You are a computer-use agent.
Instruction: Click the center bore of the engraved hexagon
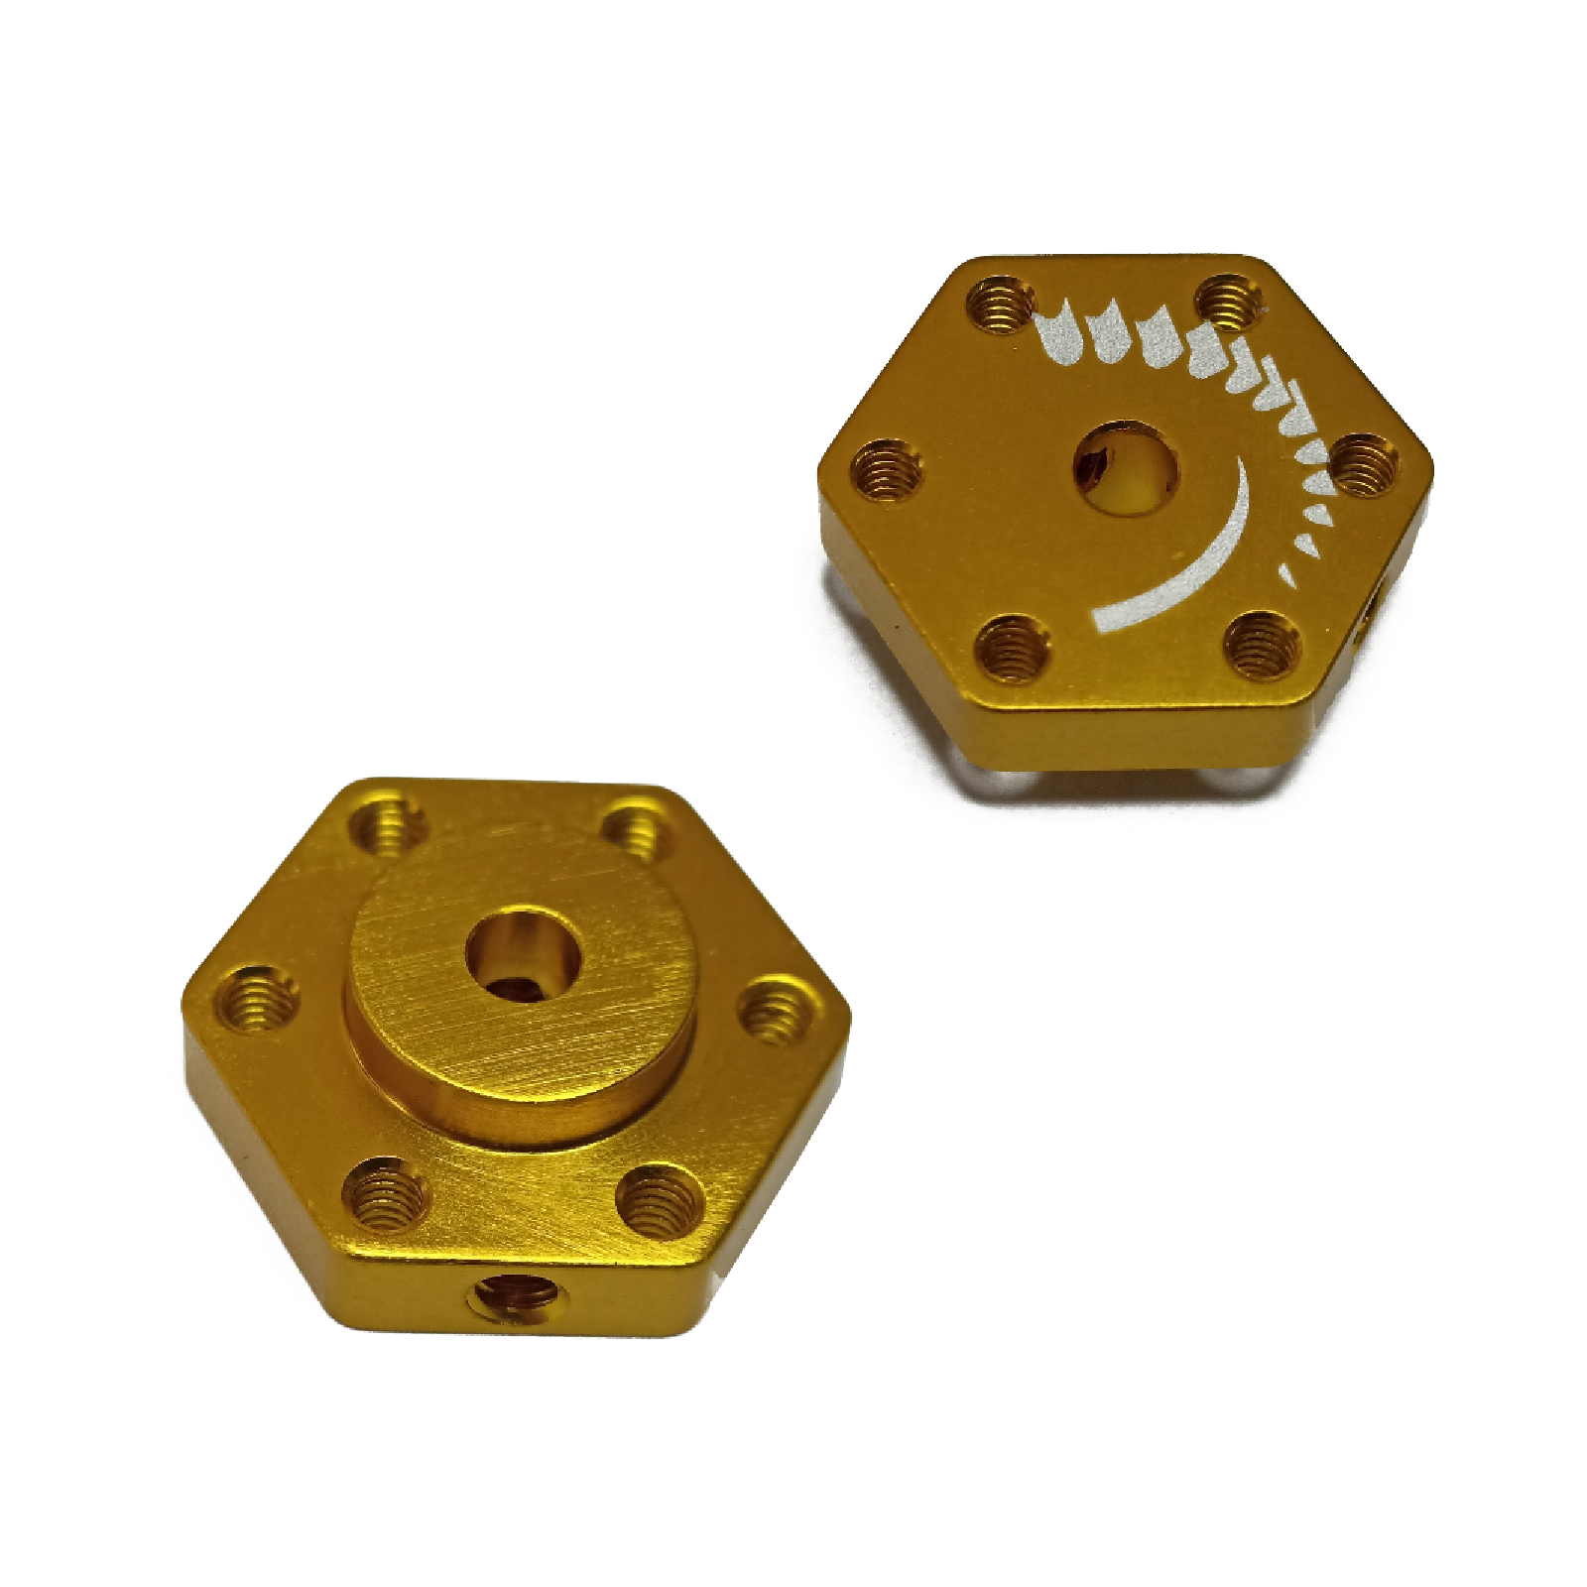(1127, 469)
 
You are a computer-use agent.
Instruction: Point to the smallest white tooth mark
(1286, 572)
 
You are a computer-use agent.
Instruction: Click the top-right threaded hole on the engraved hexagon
(1230, 303)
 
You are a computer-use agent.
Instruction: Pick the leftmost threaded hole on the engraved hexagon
(887, 470)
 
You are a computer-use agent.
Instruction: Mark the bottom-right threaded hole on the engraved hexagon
(1262, 642)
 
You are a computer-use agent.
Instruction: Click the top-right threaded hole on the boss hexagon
(637, 831)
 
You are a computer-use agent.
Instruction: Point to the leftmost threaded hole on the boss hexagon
(256, 999)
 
